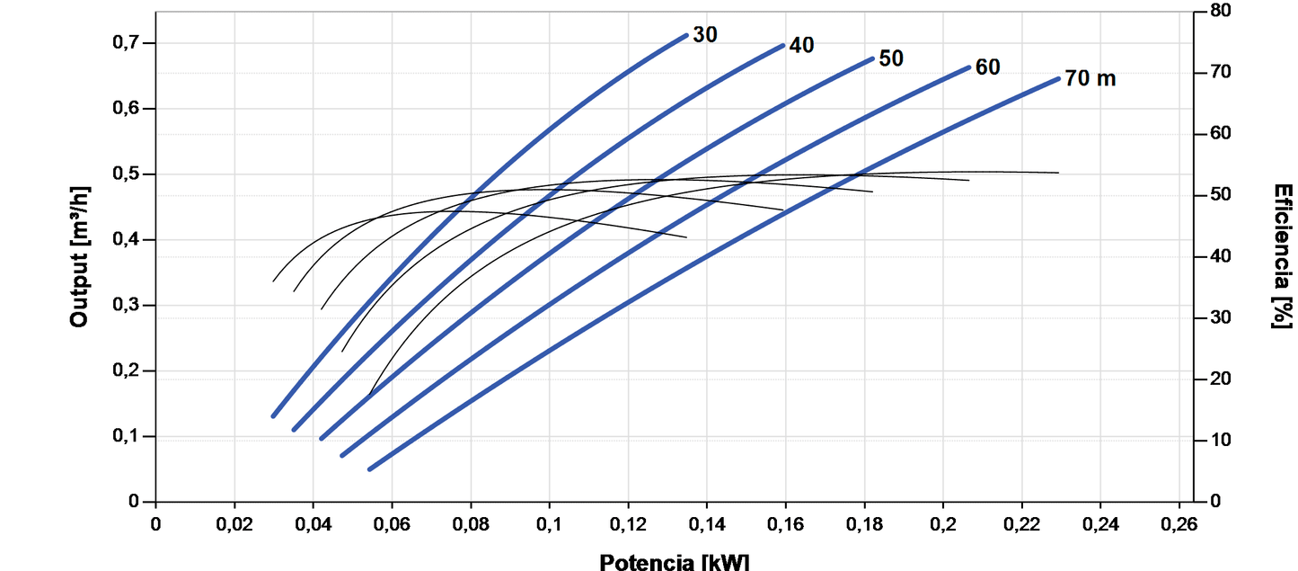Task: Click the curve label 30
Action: coord(705,35)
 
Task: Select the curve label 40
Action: coord(801,45)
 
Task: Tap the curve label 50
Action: coord(891,58)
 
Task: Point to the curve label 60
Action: coord(987,67)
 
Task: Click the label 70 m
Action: coord(1090,78)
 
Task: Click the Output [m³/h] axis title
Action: coord(79,256)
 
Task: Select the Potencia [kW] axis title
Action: coord(674,562)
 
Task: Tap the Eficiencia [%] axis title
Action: coord(1283,256)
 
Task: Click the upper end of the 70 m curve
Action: coord(1058,79)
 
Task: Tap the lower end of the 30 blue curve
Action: coord(274,415)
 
